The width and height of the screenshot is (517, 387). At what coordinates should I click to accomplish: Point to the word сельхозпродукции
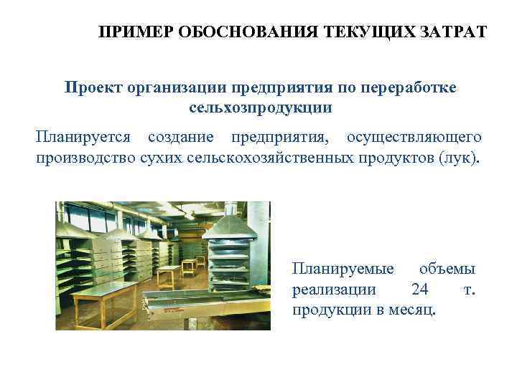261,108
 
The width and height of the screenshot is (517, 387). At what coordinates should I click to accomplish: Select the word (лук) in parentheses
458,157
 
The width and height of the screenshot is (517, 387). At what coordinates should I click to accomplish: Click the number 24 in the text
420,290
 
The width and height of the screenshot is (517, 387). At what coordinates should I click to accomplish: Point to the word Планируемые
343,269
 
